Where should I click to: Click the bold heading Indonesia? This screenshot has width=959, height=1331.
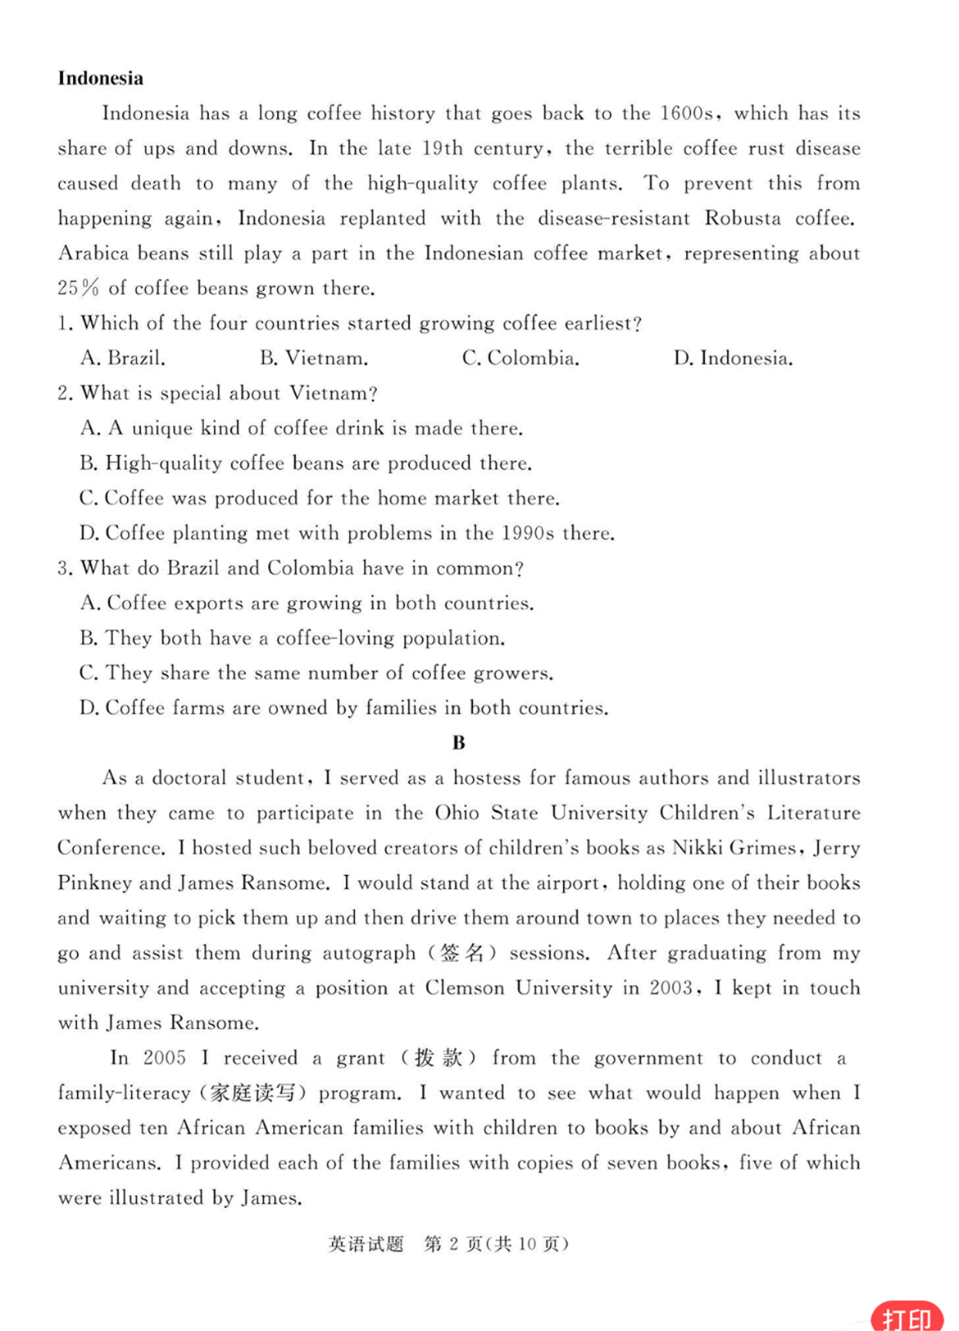(x=100, y=79)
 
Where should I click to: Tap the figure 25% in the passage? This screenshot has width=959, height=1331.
(x=79, y=288)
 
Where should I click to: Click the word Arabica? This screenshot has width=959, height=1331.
(x=93, y=253)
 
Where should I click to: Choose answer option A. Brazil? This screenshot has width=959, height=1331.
(x=123, y=358)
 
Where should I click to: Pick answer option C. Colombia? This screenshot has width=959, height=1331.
(x=520, y=358)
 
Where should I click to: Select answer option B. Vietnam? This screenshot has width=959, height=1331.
(x=314, y=358)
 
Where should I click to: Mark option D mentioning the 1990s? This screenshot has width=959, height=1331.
(x=347, y=533)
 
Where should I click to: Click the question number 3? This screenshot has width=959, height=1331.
(x=64, y=568)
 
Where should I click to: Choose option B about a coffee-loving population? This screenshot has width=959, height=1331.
(x=292, y=638)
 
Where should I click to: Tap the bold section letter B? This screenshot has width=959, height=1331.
(x=458, y=743)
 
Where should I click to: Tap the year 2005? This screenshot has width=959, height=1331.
(x=165, y=1058)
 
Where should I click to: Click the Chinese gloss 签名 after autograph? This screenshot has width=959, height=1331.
(x=463, y=953)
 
